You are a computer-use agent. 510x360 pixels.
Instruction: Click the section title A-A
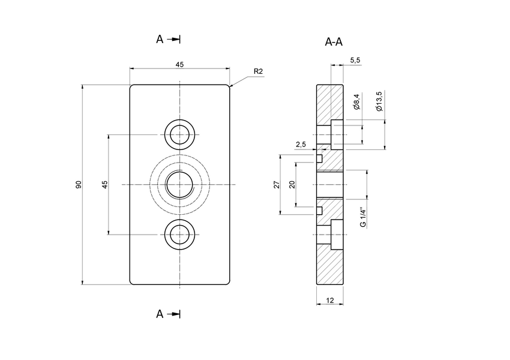click(x=334, y=41)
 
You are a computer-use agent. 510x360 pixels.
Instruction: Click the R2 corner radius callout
click(x=258, y=71)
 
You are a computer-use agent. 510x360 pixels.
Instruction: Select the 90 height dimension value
click(x=79, y=184)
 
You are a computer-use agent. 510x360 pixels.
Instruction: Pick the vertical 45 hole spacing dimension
click(x=104, y=184)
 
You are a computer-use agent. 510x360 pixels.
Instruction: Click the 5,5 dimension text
click(x=354, y=60)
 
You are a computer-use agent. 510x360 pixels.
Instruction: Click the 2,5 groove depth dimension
click(x=301, y=145)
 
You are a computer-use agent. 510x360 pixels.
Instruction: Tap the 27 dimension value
click(x=277, y=184)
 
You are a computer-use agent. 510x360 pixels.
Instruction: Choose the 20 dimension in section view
click(x=292, y=184)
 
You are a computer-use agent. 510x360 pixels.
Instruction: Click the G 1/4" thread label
click(x=362, y=217)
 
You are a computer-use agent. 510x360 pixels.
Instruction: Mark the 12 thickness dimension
click(x=329, y=299)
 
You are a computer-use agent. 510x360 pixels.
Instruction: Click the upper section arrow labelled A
click(x=168, y=39)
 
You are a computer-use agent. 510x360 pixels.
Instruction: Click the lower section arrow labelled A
click(x=168, y=314)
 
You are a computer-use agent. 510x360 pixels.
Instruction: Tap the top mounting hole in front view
click(x=179, y=134)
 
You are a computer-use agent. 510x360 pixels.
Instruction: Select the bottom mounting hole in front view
click(x=179, y=234)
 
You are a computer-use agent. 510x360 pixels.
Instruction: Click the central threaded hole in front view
click(x=179, y=184)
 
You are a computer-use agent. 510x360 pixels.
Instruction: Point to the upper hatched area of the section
click(x=329, y=102)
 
